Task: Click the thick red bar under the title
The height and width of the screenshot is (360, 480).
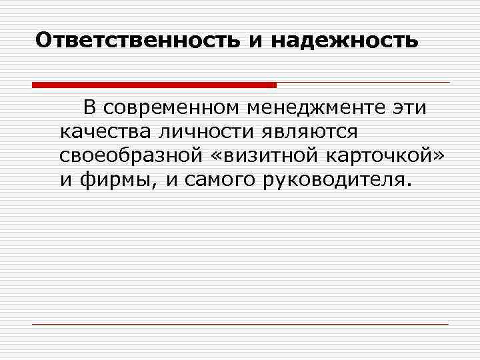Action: coord(154,85)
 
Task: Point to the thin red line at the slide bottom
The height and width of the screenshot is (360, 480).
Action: coord(240,324)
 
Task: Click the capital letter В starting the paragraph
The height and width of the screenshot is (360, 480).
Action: coord(89,107)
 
